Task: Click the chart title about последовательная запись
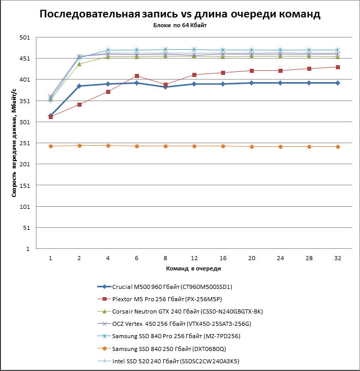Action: (180, 14)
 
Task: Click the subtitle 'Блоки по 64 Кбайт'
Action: (180, 25)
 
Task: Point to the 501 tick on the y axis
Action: (25, 37)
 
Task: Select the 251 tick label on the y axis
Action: (25, 143)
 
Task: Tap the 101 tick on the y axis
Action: (25, 207)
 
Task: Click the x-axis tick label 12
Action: (194, 258)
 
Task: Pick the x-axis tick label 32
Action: (338, 258)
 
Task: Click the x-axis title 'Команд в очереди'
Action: (193, 268)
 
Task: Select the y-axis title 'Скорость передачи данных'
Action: (14, 143)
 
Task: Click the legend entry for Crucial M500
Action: (165, 287)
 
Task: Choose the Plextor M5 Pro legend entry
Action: (159, 299)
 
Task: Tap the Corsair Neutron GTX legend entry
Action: (180, 311)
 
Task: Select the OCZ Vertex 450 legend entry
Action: (174, 324)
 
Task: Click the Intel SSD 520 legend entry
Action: (168, 361)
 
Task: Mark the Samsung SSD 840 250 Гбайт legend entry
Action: (162, 349)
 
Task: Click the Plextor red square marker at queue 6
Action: (137, 76)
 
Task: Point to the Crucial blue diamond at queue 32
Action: (338, 83)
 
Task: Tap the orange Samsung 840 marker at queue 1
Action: (51, 146)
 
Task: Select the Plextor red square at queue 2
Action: (79, 105)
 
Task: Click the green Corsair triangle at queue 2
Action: (79, 64)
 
